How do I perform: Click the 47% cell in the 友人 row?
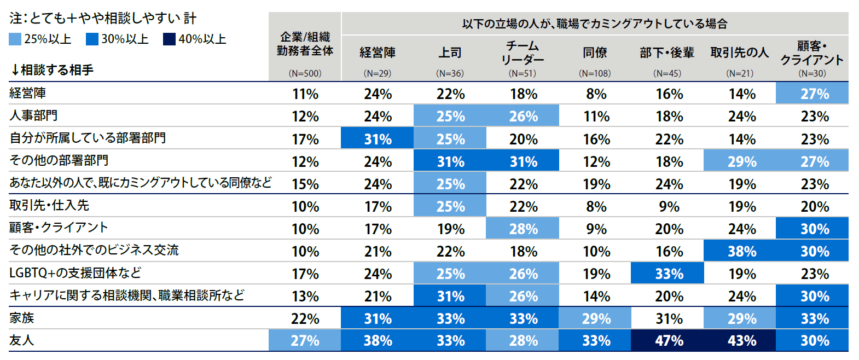669,340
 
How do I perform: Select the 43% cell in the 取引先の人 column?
741,340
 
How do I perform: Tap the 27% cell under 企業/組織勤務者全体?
305,340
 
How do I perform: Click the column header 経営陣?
378,53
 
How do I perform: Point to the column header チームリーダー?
523,53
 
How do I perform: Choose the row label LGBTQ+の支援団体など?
75,272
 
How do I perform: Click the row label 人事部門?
33,115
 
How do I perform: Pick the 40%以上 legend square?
169,39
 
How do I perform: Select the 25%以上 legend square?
15,39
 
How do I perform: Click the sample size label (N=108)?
595,73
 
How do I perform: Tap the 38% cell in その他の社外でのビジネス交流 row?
741,251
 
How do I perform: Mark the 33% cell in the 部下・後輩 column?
669,274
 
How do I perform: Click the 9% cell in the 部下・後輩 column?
669,206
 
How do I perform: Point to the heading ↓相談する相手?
51,70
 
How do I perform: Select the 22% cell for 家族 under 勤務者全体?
305,318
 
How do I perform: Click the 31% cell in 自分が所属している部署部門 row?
378,139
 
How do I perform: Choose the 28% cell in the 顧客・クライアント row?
523,229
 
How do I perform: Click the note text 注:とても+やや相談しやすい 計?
102,19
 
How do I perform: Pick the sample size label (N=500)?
305,73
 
